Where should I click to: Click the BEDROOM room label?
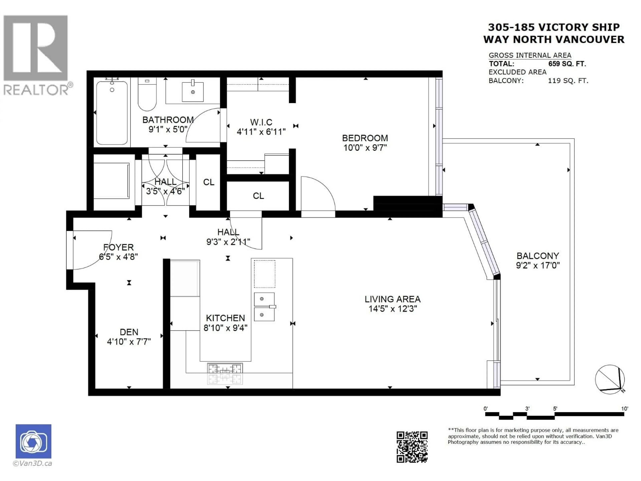(x=365, y=138)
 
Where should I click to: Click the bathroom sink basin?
(x=193, y=92)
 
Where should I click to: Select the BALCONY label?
(x=538, y=256)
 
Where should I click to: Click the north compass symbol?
(x=610, y=379)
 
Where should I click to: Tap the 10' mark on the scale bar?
(x=624, y=409)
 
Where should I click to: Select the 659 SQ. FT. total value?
(x=567, y=64)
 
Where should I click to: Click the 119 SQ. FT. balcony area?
(x=568, y=81)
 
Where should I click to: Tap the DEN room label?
(x=129, y=332)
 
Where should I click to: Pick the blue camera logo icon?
(x=33, y=441)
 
